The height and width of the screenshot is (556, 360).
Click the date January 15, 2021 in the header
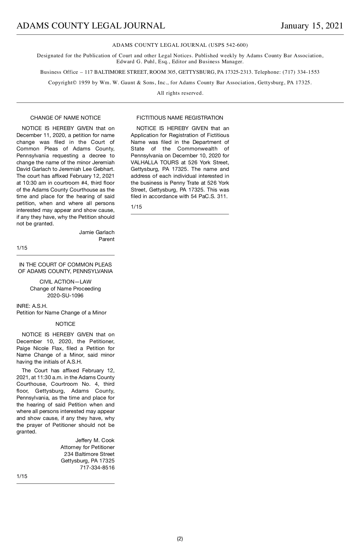click(312, 26)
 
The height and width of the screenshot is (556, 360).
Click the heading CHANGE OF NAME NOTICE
click(65, 118)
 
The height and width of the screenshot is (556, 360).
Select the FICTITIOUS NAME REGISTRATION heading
click(180, 118)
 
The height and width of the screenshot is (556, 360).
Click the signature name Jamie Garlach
click(97, 232)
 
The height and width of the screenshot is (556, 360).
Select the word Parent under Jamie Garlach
click(106, 239)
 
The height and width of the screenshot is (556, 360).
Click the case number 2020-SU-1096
click(65, 296)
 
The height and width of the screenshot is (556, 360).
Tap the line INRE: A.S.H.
click(32, 306)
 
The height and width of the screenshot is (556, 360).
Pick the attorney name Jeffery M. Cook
click(95, 440)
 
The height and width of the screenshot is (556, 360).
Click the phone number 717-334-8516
click(97, 468)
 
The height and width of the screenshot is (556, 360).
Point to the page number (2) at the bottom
click(180, 539)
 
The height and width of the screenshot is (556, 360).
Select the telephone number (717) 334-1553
click(301, 72)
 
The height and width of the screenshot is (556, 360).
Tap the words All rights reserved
click(180, 93)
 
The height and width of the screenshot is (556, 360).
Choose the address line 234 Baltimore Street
click(89, 454)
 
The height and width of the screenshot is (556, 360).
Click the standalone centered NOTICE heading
click(65, 324)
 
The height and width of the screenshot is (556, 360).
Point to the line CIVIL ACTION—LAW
click(65, 282)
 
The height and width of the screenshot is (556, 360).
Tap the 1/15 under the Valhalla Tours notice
click(136, 207)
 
